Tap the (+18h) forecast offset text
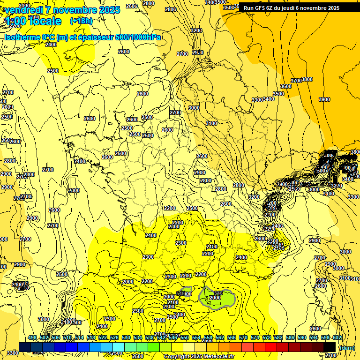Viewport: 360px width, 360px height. point(81,21)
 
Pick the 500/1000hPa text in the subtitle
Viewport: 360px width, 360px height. point(138,37)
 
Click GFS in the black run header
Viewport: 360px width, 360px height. point(262,8)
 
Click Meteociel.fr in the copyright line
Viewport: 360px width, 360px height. point(215,356)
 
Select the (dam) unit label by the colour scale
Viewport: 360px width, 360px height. point(347,347)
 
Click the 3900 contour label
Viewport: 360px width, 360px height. point(324,99)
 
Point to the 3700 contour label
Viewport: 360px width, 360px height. point(296,81)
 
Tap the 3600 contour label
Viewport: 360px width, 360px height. point(285,86)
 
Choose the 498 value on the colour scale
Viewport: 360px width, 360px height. point(32,337)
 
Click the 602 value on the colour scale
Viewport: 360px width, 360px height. point(337,337)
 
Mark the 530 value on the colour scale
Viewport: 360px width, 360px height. point(126,337)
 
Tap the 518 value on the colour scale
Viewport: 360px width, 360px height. point(91,337)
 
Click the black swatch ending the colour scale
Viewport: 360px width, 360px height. point(330,346)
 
